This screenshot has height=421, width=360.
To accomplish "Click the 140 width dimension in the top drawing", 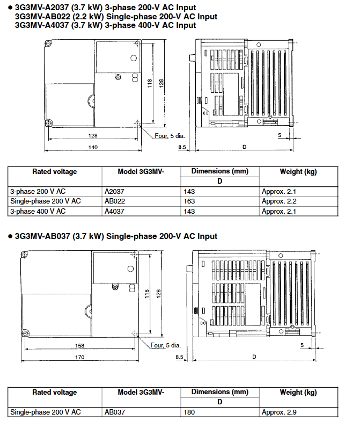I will [93, 147].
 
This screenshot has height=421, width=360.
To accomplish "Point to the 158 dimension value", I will [80, 345].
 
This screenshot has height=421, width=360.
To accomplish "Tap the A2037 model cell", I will [114, 191].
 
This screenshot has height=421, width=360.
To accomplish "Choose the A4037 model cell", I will [114, 212].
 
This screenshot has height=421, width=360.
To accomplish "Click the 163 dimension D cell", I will [189, 201].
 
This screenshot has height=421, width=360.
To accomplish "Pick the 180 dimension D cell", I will [189, 412].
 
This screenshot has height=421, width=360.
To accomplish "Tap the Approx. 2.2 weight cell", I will [279, 201].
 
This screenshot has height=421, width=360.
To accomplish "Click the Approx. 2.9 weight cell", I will [279, 412].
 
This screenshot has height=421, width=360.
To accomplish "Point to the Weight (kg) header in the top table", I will [298, 172].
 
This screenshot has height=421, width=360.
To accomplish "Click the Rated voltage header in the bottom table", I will [55, 393].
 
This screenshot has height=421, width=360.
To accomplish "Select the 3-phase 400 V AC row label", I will [38, 212].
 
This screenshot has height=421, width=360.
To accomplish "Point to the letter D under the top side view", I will [245, 147].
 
